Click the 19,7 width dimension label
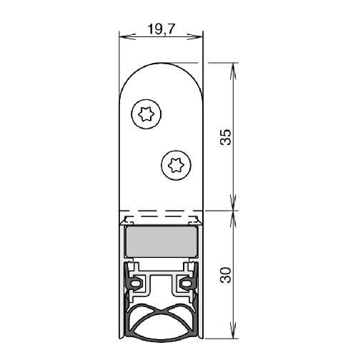[x=161, y=29]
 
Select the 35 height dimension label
[x=226, y=137]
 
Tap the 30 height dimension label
[x=226, y=275]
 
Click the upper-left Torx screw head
[x=146, y=114]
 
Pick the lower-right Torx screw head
[x=176, y=165]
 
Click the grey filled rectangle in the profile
[x=161, y=241]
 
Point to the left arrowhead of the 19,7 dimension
[x=127, y=37]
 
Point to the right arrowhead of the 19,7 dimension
[x=195, y=37]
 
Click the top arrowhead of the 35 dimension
[x=233, y=71]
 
